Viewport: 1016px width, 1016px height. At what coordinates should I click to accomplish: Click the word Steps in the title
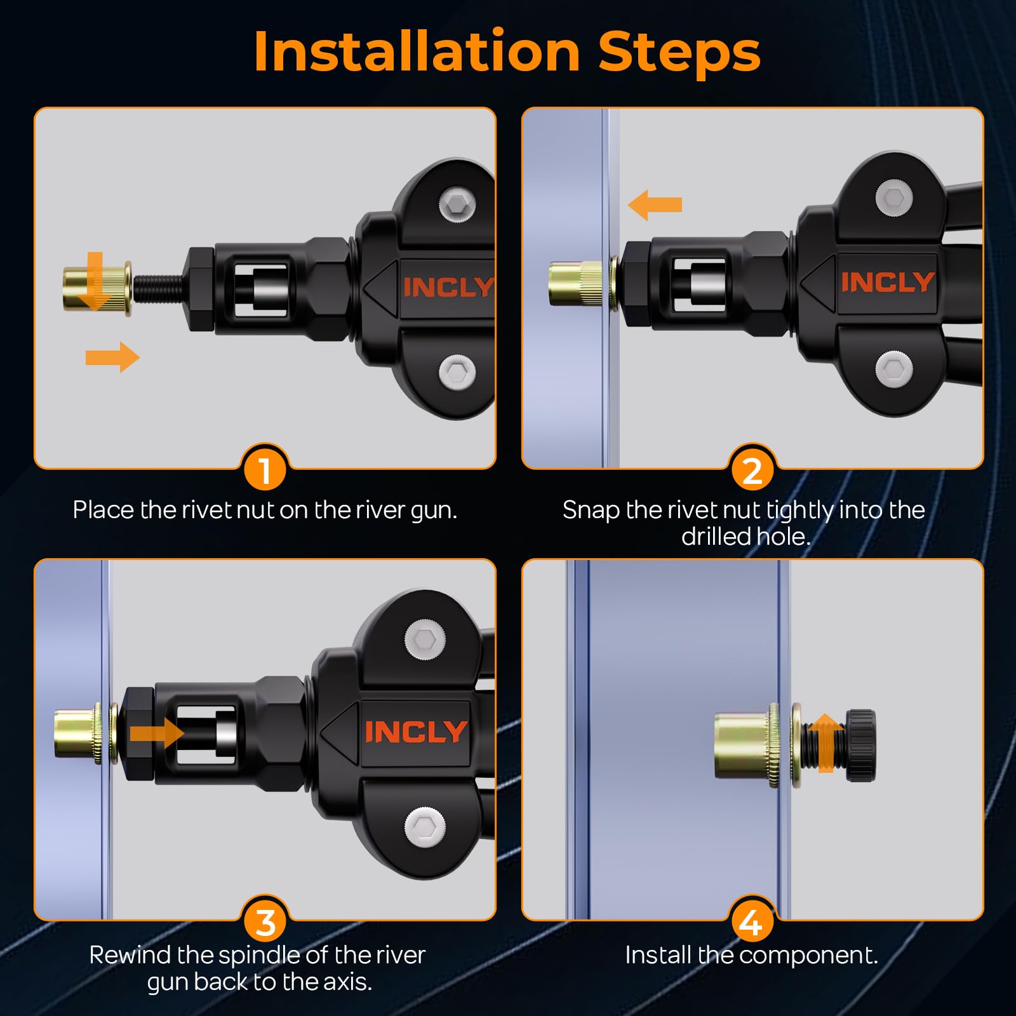pyautogui.click(x=679, y=51)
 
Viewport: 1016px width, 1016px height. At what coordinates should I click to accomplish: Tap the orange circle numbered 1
pyautogui.click(x=265, y=470)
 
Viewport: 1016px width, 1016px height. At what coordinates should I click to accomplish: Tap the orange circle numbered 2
pyautogui.click(x=752, y=470)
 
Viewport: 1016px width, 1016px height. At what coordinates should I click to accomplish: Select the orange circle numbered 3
pyautogui.click(x=265, y=922)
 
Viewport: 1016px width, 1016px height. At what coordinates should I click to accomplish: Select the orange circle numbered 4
pyautogui.click(x=752, y=922)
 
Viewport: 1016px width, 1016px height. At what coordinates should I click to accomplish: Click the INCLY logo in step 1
pyautogui.click(x=448, y=288)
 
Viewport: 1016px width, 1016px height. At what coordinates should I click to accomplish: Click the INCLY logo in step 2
pyautogui.click(x=887, y=283)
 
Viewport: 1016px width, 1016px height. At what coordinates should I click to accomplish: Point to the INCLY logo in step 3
pyautogui.click(x=416, y=732)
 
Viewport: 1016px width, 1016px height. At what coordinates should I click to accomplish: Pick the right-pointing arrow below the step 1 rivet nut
pyautogui.click(x=112, y=357)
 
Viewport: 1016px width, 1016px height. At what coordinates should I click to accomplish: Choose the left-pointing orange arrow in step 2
pyautogui.click(x=655, y=204)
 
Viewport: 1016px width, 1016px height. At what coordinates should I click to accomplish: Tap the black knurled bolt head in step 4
pyautogui.click(x=861, y=745)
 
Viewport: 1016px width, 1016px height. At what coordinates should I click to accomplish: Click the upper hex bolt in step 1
pyautogui.click(x=457, y=205)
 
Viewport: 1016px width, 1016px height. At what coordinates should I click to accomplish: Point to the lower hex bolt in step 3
pyautogui.click(x=424, y=826)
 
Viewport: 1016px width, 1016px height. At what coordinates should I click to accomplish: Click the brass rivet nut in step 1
pyautogui.click(x=97, y=290)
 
